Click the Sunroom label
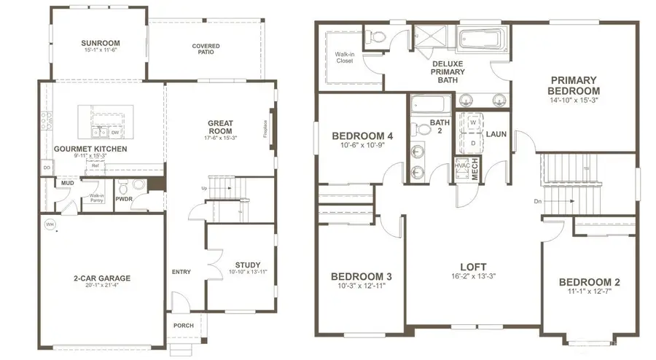point(100,42)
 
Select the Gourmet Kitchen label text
point(90,149)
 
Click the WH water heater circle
point(50,224)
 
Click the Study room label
point(247,265)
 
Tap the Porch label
point(184,326)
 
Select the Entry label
point(181,272)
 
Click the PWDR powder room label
point(124,198)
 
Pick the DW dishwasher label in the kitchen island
point(115,133)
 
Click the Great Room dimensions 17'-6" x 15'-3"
point(219,138)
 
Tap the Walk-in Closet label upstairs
point(345,58)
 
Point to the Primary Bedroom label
point(573,85)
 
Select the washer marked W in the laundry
point(472,122)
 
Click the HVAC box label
point(462,166)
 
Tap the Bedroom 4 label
point(362,136)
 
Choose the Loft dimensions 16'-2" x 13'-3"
point(474,276)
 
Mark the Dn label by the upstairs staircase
point(538,201)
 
